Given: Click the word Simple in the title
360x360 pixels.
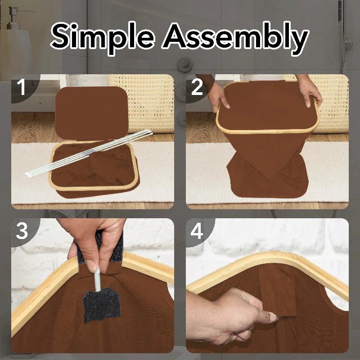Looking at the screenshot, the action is [103, 37].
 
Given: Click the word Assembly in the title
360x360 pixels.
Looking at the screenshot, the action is [235, 37].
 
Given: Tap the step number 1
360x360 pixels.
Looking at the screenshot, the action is [22, 87].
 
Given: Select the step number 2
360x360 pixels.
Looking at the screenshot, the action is [197, 87].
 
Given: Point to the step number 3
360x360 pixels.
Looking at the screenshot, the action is [22, 231].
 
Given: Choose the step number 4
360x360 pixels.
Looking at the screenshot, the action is [197, 231].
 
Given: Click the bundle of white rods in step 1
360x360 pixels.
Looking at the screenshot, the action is [89, 152].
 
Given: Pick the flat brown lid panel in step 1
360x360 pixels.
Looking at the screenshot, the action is [91, 113].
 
